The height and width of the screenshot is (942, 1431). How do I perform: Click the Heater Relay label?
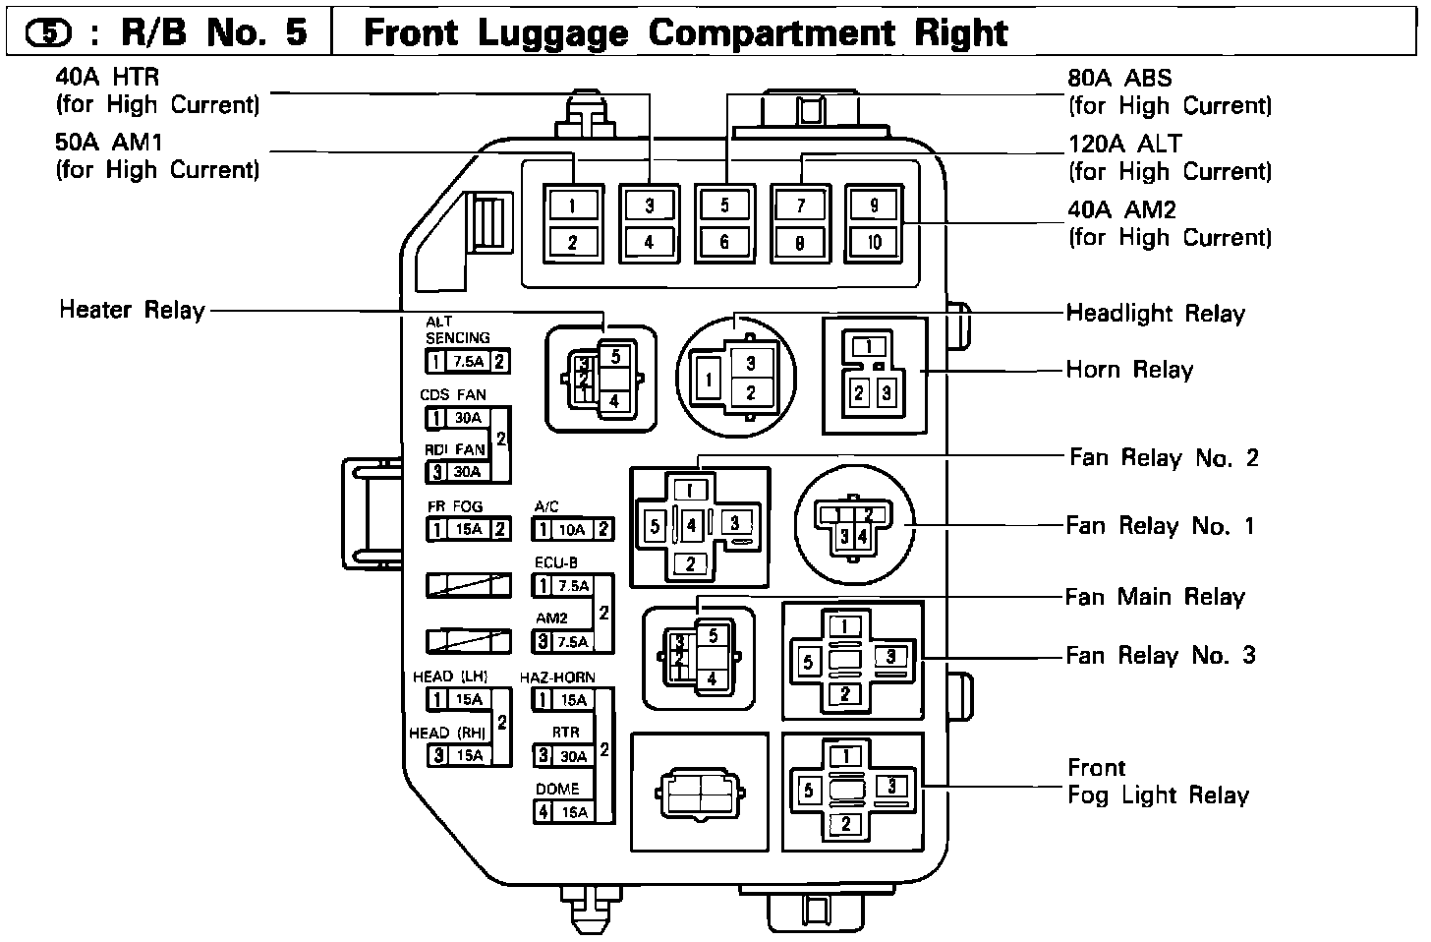point(132,310)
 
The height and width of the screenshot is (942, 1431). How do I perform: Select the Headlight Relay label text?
point(1155,314)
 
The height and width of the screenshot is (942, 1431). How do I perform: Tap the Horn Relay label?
point(1129,370)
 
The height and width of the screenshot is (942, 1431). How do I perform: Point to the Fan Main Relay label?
point(1155,597)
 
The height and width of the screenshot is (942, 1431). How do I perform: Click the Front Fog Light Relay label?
point(1157,782)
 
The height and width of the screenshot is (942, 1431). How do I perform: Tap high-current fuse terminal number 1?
point(571,206)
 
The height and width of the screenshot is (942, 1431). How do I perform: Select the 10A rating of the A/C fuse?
point(572,530)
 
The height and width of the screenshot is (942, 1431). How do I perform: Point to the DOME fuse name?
point(557,789)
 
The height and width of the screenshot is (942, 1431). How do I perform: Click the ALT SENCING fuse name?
point(457,330)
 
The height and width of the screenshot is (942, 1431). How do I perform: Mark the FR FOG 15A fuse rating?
point(469,530)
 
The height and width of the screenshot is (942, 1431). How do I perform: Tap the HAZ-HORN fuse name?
point(563,677)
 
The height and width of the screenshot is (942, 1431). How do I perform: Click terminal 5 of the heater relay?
point(615,356)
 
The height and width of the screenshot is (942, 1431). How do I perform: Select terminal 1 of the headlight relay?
point(706,378)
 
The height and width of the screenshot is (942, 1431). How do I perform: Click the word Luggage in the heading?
point(554,32)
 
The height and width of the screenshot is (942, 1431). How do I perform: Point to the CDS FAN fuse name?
point(453,395)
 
